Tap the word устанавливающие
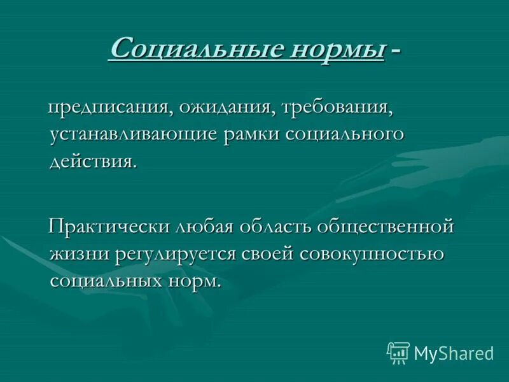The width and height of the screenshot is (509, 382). [x=132, y=135]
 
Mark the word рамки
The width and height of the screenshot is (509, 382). [x=251, y=135]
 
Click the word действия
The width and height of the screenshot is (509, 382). [x=93, y=162]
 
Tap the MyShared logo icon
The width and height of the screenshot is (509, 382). [x=398, y=352]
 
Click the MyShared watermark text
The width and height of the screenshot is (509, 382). [x=454, y=353]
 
